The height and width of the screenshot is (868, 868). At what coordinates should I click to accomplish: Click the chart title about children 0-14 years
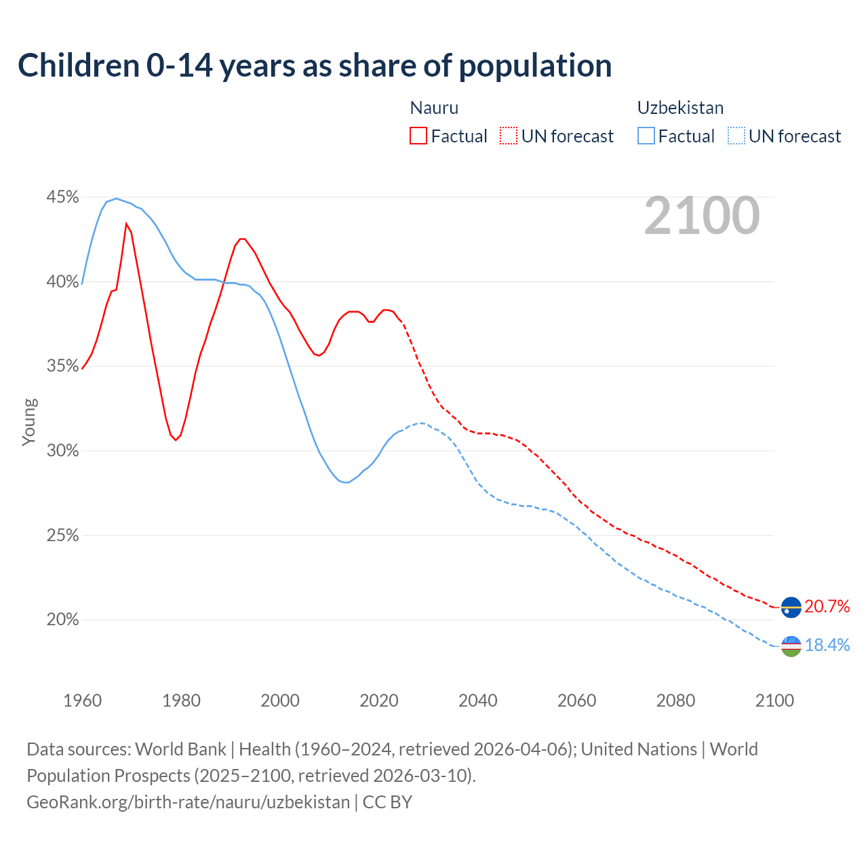pos(315,66)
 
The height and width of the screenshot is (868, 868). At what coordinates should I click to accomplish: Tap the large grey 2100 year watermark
pos(702,216)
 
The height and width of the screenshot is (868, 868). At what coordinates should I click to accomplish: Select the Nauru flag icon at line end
pos(791,607)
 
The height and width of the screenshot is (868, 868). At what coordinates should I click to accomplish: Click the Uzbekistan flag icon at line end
pos(791,646)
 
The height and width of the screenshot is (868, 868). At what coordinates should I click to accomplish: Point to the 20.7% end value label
pos(827,606)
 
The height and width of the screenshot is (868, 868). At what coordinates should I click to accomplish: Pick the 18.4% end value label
pos(827,645)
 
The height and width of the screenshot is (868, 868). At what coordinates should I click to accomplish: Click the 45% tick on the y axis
pos(62,197)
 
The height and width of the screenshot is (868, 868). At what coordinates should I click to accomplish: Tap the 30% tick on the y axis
pos(62,451)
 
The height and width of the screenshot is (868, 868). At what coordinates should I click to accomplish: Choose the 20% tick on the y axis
pos(62,620)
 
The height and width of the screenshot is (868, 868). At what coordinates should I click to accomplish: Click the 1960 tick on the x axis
pos(82,701)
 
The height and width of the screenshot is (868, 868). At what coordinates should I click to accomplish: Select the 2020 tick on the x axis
pos(379,701)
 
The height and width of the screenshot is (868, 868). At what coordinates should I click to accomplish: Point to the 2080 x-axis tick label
pos(675,701)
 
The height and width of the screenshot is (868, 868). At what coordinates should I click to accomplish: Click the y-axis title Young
pos(29,422)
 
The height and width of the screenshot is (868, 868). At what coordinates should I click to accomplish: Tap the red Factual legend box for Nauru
pos(418,136)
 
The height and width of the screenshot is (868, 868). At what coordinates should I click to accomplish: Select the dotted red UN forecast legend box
pos(509,136)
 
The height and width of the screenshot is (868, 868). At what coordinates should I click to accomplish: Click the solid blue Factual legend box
pos(646,136)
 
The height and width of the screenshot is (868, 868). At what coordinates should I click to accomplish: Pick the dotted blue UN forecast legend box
pos(736,136)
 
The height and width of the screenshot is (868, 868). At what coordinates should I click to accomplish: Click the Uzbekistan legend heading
pos(680,108)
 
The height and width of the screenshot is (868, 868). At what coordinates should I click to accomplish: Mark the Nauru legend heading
pos(434,108)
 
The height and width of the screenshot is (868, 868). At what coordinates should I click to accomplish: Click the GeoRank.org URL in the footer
pos(188,802)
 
